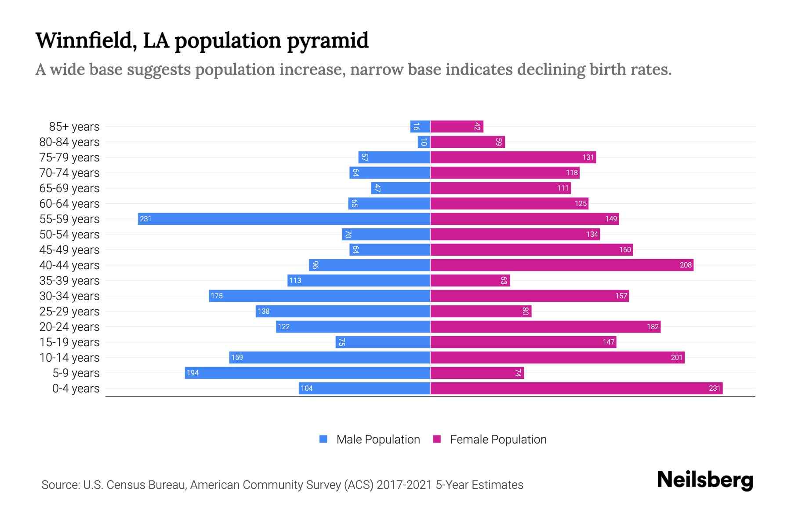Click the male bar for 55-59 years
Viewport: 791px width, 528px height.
click(284, 219)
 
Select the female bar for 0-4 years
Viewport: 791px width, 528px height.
click(576, 388)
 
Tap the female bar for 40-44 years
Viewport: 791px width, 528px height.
click(562, 265)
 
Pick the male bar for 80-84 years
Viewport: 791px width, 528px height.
click(424, 142)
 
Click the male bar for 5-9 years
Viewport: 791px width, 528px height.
click(308, 373)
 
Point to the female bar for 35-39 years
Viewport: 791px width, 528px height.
click(470, 280)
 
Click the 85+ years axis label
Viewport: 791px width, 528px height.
click(74, 127)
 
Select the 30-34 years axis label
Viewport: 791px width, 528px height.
click(69, 296)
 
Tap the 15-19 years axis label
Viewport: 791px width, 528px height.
click(69, 342)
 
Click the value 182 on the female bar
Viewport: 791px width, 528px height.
click(653, 326)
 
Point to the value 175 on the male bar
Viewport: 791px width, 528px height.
click(217, 296)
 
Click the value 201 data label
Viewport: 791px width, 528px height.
click(677, 357)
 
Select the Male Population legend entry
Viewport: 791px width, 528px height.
click(378, 439)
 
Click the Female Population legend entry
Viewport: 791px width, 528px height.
click(498, 439)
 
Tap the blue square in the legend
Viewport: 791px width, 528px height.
click(323, 439)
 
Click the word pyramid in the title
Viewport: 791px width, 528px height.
click(327, 40)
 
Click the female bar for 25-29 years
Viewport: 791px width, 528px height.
click(481, 311)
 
